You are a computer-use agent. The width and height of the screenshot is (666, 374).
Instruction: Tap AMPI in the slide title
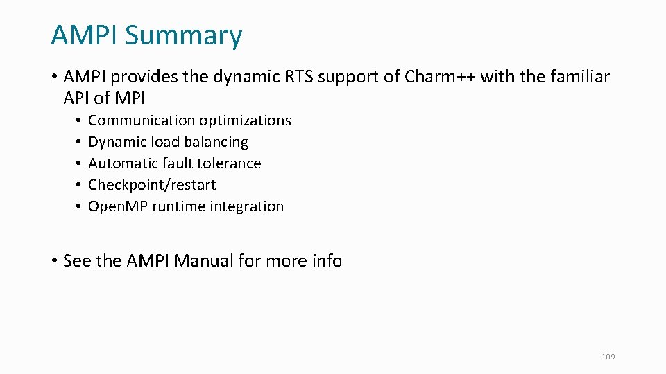85,35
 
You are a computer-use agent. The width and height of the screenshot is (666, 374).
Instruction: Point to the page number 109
608,357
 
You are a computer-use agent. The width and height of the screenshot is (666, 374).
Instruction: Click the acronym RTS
299,77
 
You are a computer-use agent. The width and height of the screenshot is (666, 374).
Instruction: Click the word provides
142,77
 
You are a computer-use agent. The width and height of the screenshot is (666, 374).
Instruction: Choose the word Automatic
123,163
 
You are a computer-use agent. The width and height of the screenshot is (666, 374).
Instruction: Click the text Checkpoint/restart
152,185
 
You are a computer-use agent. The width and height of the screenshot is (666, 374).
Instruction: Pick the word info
327,261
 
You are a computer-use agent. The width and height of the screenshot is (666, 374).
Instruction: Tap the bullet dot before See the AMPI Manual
53,261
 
